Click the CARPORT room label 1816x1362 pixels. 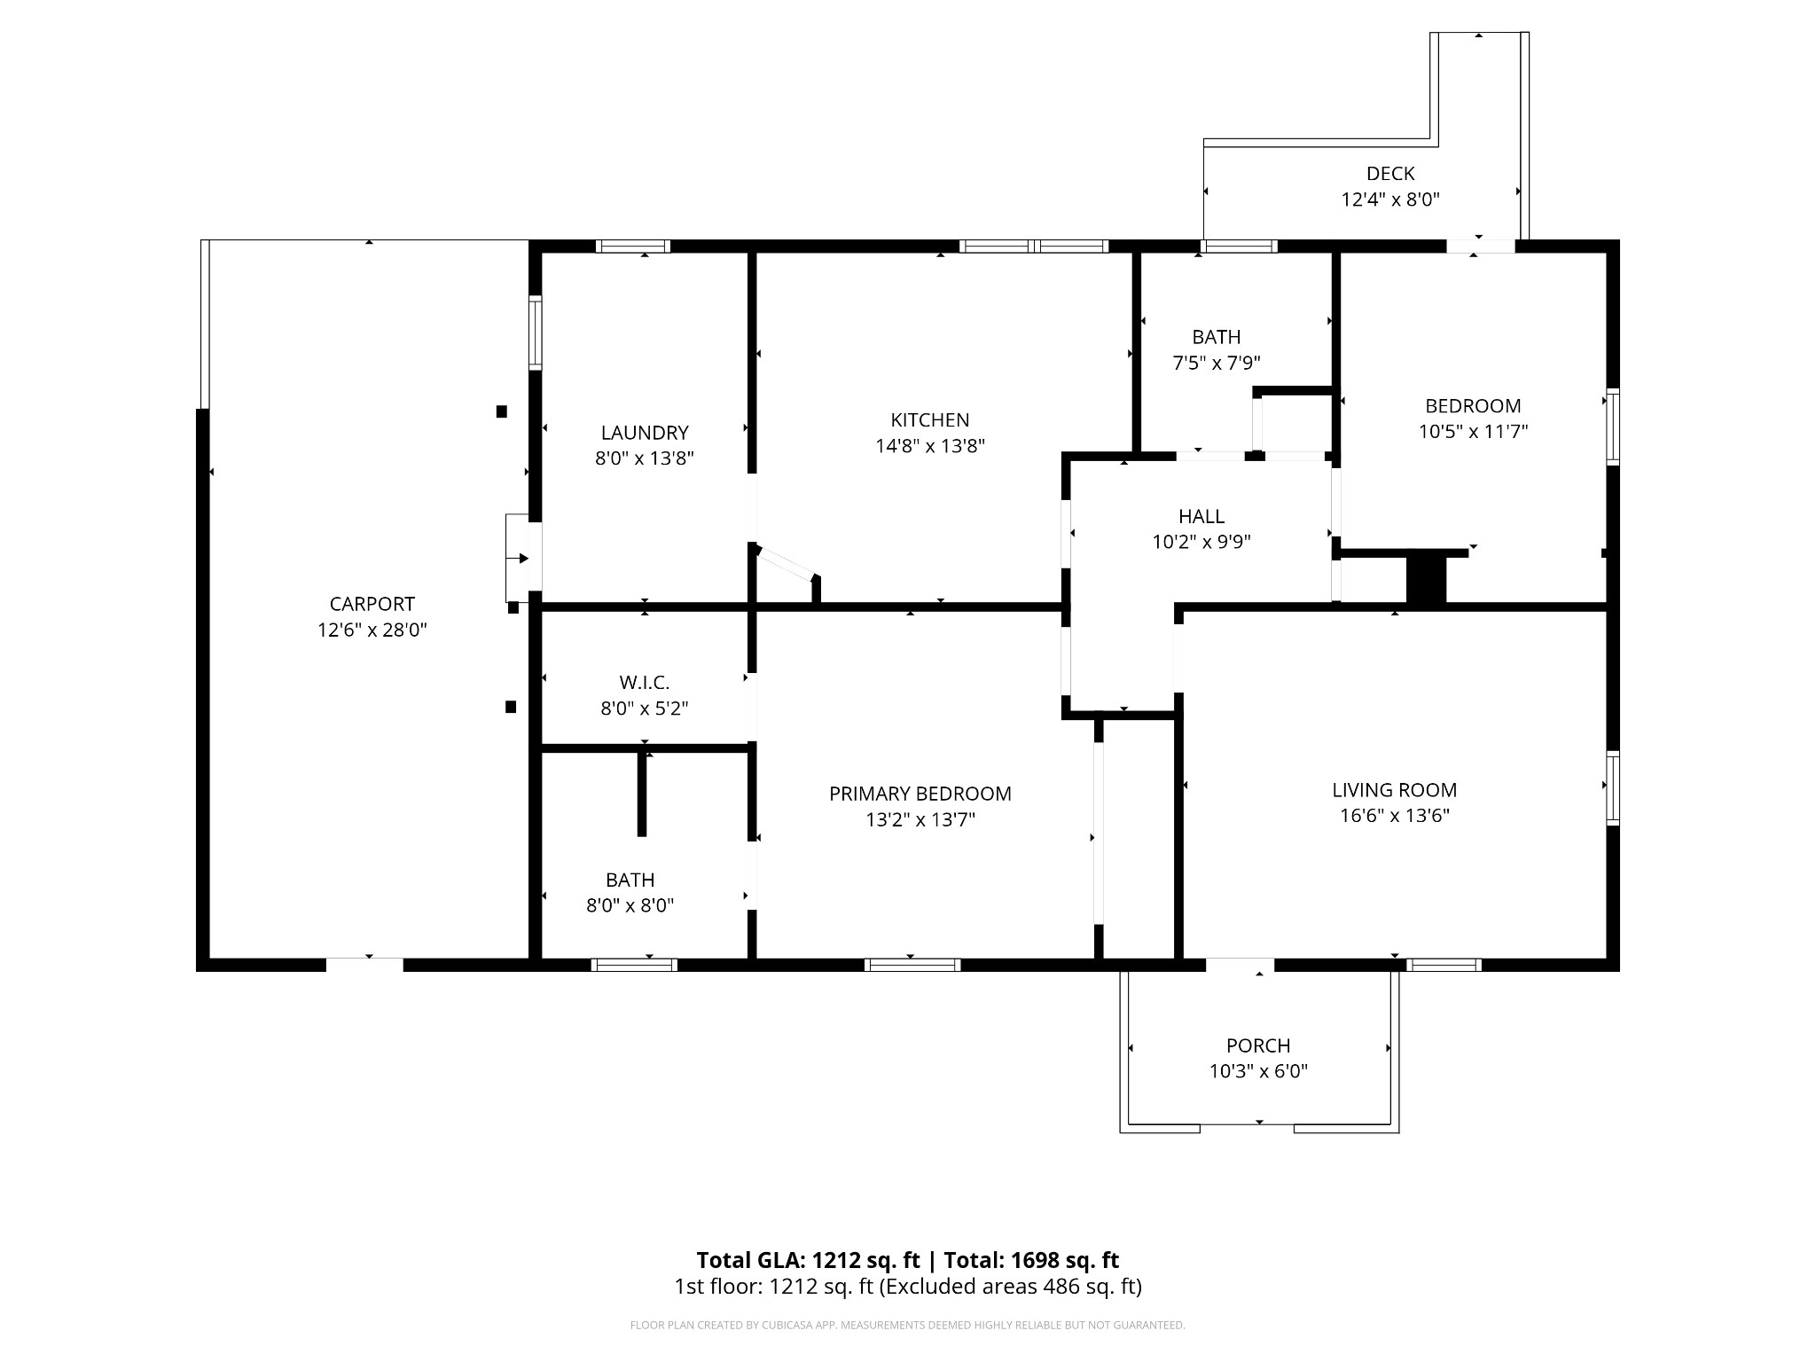click(372, 604)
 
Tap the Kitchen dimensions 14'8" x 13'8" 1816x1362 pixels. click(930, 446)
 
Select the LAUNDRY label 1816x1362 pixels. click(645, 433)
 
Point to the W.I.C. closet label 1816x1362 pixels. click(644, 683)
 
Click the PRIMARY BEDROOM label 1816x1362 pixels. click(920, 794)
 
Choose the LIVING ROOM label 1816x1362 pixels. click(1394, 790)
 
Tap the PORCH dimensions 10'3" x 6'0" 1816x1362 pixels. click(1258, 1071)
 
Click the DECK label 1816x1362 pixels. click(1389, 174)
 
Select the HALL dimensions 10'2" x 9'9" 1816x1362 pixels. click(1202, 542)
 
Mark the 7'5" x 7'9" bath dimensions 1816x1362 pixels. click(1217, 363)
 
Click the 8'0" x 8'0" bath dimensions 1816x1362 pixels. click(630, 905)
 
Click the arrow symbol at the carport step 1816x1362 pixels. click(522, 559)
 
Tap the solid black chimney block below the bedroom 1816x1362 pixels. click(1426, 578)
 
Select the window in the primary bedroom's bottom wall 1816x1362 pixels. click(912, 965)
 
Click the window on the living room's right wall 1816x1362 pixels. click(1613, 788)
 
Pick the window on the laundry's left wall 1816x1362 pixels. click(536, 333)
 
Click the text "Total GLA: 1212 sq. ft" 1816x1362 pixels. click(810, 1260)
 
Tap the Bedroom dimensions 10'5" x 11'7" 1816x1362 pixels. click(1473, 432)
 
